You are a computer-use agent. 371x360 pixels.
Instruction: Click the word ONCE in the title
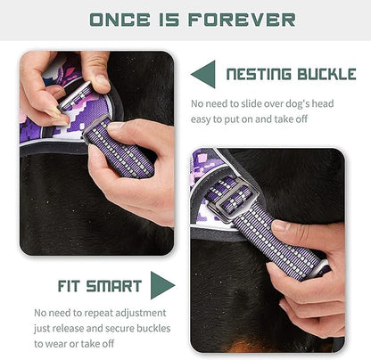(113, 19)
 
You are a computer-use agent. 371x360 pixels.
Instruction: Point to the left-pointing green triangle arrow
(203, 75)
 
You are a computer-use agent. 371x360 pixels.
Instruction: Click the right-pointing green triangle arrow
(162, 285)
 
